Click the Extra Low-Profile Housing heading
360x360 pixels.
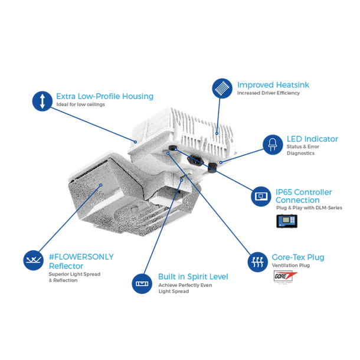[x=104, y=96]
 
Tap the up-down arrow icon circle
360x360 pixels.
[x=42, y=100]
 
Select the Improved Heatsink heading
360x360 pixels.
[x=273, y=85]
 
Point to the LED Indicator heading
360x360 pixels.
[x=312, y=139]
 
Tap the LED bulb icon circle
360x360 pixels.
[x=273, y=144]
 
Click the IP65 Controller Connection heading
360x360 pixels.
[x=303, y=196]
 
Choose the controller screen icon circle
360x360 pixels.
[x=261, y=196]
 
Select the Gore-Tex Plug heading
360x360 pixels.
[x=297, y=257]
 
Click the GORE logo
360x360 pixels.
[x=282, y=276]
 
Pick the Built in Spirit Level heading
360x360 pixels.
[x=193, y=276]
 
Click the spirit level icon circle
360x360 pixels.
[x=142, y=283]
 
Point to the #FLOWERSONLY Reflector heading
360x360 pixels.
[x=81, y=261]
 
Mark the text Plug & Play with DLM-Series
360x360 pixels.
[x=309, y=208]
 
